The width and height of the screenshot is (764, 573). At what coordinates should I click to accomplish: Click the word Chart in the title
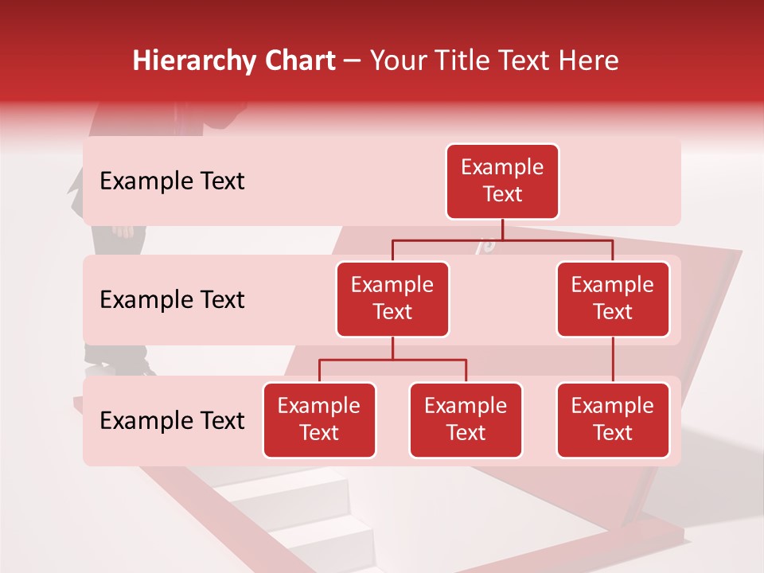click(x=302, y=60)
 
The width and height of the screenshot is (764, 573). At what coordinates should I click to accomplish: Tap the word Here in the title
click(x=589, y=60)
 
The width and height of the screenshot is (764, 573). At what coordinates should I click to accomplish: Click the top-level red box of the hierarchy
click(x=502, y=181)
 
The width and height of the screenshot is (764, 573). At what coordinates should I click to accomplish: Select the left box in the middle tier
click(x=392, y=298)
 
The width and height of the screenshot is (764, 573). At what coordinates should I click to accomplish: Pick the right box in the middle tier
click(x=613, y=298)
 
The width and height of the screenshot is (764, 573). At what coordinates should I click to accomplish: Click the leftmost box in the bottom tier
click(x=319, y=419)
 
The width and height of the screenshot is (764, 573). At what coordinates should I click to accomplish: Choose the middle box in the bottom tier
click(x=466, y=419)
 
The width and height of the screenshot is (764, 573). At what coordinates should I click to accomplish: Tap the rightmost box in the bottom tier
click(x=613, y=419)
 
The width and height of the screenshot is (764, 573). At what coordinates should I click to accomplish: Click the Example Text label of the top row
click(x=172, y=181)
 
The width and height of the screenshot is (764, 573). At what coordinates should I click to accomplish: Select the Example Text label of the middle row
click(x=172, y=300)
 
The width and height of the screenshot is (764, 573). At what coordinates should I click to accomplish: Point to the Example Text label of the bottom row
click(x=172, y=420)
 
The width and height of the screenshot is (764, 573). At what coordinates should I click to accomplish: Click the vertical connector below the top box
click(x=502, y=229)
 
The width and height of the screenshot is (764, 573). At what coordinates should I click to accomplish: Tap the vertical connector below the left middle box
click(x=392, y=349)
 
